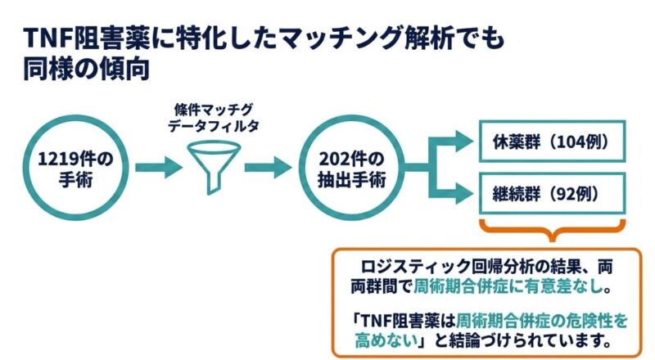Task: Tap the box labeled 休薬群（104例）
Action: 552,140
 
